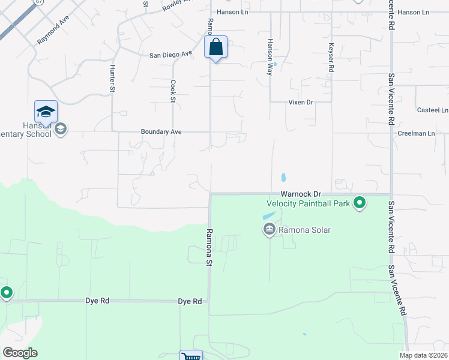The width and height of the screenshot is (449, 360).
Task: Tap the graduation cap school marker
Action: tap(46, 112)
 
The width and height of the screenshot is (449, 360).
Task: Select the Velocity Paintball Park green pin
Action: tap(360, 203)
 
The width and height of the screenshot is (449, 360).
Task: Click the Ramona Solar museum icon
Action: tap(269, 229)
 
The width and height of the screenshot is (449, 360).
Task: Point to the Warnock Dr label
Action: tap(301, 194)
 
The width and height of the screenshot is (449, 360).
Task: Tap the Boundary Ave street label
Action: tap(161, 131)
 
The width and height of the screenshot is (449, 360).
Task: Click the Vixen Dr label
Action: tap(301, 103)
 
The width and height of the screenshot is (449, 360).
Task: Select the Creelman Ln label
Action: tap(416, 133)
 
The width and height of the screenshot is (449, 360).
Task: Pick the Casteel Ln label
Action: tap(432, 110)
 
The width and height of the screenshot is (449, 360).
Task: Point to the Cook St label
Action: tap(173, 91)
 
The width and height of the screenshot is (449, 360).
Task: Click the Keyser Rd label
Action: tap(331, 57)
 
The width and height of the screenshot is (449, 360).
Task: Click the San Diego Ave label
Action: tap(170, 54)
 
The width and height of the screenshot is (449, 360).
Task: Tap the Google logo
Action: tap(19, 353)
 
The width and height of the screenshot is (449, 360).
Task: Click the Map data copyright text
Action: tap(423, 355)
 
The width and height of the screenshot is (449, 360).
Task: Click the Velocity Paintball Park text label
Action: tap(308, 203)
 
